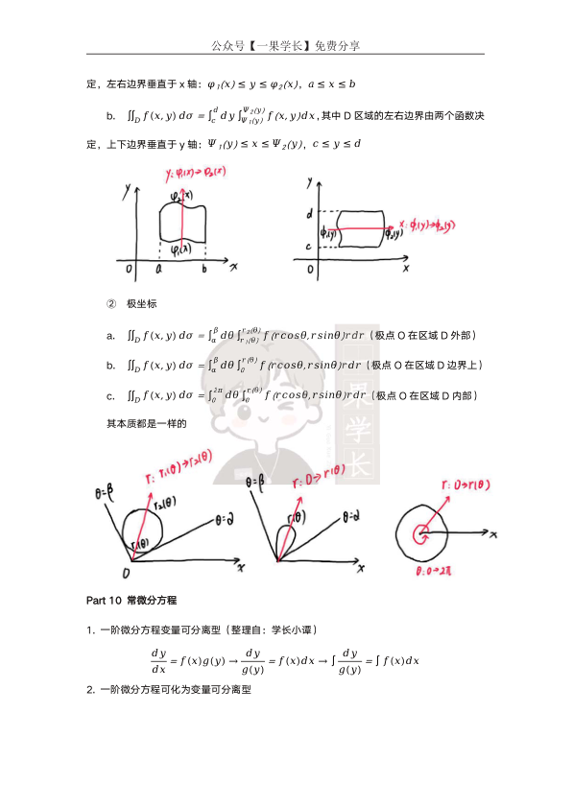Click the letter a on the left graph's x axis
click(158, 271)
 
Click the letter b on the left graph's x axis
click(203, 271)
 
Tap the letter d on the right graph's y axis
click(309, 212)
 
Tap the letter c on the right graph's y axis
click(310, 248)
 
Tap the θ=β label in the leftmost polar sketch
click(103, 495)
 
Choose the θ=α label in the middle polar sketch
click(351, 516)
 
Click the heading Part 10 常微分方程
click(131, 601)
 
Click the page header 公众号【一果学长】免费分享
click(285, 45)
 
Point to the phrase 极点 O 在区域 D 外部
click(425, 335)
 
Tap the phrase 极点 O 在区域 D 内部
click(426, 395)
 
